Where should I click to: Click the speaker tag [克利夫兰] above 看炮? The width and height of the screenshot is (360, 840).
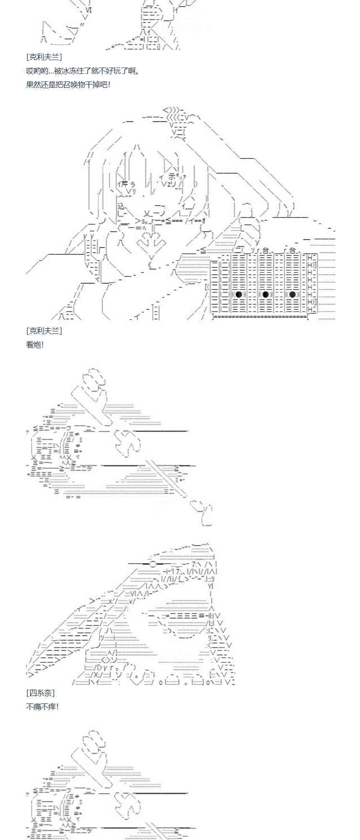pyautogui.click(x=44, y=331)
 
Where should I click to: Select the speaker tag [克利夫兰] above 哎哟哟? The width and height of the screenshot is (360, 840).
pyautogui.click(x=44, y=57)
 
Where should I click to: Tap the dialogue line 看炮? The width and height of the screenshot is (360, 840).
pyautogui.click(x=35, y=344)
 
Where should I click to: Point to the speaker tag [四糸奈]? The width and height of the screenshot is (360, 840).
pyautogui.click(x=40, y=693)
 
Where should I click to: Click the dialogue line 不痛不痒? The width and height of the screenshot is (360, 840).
pyautogui.click(x=42, y=706)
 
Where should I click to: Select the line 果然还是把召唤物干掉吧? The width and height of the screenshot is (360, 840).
pyautogui.click(x=68, y=84)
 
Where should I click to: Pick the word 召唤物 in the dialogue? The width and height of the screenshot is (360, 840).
pyautogui.click(x=76, y=84)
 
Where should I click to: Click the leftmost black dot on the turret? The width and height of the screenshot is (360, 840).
pyautogui.click(x=239, y=294)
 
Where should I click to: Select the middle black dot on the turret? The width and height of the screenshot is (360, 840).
pyautogui.click(x=265, y=294)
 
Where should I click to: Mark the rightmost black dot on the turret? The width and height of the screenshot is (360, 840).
pyautogui.click(x=292, y=294)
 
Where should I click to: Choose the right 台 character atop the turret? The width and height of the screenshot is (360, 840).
pyautogui.click(x=293, y=250)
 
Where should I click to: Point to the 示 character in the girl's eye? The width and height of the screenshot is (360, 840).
pyautogui.click(x=176, y=176)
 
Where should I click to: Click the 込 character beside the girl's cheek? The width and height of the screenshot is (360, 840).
pyautogui.click(x=121, y=206)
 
